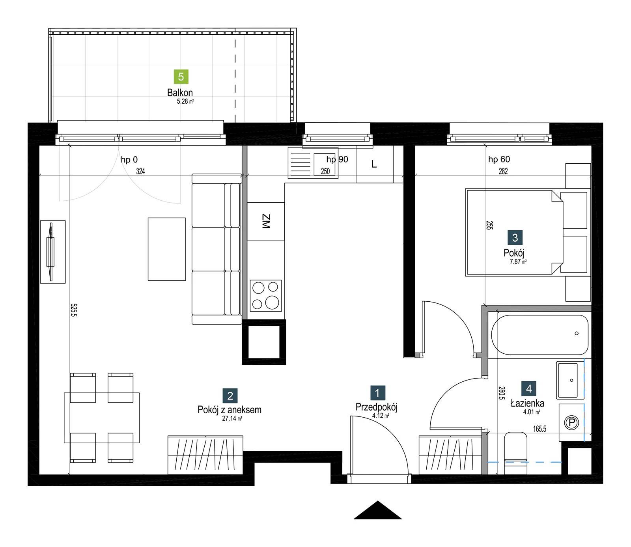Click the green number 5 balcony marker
pos(181,77)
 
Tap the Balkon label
pos(180,93)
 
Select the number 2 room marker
pos(230,396)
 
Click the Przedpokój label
pos(376,407)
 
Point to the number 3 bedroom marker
pos(515,238)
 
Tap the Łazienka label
pos(527,403)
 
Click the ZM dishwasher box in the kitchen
pos(266,221)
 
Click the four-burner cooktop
pos(266,295)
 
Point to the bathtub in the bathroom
pos(540,334)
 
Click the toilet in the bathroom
pos(516,453)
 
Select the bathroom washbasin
pos(568,380)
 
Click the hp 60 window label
pos(499,159)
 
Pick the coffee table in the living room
pos(167,249)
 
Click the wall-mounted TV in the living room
pos(51,252)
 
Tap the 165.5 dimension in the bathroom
pos(540,429)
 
